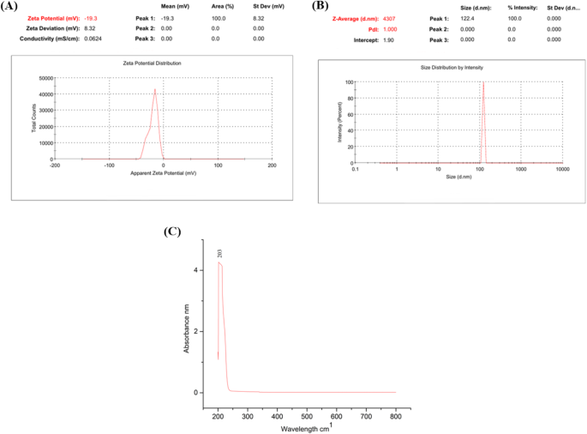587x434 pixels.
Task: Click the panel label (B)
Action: [320, 5]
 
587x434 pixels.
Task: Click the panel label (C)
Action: [173, 232]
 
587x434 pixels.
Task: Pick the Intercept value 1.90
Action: [388, 39]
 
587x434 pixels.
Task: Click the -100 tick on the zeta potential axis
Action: [109, 165]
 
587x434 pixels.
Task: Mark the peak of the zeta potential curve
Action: [155, 89]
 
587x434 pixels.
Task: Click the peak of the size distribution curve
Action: [483, 83]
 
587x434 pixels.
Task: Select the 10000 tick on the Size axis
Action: [561, 169]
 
